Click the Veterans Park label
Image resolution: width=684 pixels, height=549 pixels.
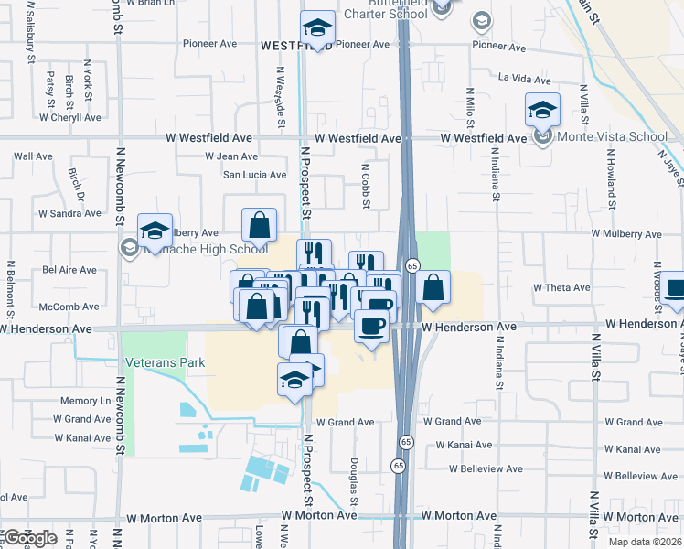pyautogui.click(x=166, y=362)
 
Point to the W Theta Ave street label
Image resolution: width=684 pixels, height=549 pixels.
pyautogui.click(x=562, y=287)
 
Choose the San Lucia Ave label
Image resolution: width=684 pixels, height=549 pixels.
pyautogui.click(x=255, y=175)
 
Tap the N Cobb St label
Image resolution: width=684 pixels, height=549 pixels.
pyautogui.click(x=365, y=184)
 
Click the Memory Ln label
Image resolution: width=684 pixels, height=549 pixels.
pyautogui.click(x=85, y=401)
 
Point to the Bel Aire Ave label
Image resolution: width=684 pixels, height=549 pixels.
pyautogui.click(x=69, y=270)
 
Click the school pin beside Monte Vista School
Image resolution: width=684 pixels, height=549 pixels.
pyautogui.click(x=543, y=111)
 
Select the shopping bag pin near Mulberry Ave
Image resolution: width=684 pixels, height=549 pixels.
pyautogui.click(x=260, y=224)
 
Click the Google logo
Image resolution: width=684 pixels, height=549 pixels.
pyautogui.click(x=29, y=537)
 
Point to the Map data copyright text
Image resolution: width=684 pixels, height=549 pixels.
pyautogui.click(x=645, y=542)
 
